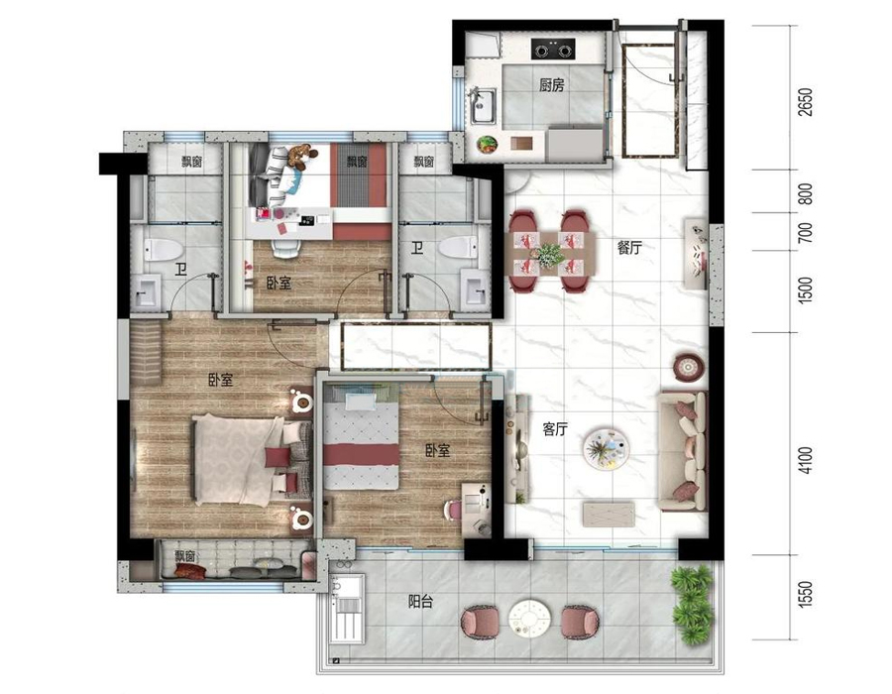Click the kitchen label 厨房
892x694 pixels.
coord(551,85)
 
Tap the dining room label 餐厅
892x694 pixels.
coord(629,248)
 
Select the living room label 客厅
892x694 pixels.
coord(555,429)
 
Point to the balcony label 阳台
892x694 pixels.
coord(421,601)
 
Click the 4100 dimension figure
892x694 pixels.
coord(806,461)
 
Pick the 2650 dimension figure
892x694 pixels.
coord(806,102)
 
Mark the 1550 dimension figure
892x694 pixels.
coord(806,593)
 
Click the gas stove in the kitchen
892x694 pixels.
coord(553,49)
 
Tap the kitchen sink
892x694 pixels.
coord(483,106)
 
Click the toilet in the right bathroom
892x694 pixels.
coord(459,248)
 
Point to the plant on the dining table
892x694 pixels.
coord(549,254)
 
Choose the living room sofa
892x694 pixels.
coord(683,450)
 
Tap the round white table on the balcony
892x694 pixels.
coord(529,617)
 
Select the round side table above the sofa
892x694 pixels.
coord(688,368)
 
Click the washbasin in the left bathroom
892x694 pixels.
coord(148,290)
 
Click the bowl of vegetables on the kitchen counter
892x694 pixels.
coord(487,145)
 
